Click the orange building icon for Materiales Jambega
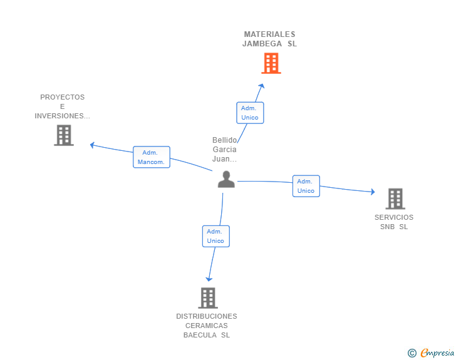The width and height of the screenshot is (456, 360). [271, 63]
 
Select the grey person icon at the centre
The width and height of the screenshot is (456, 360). [226, 179]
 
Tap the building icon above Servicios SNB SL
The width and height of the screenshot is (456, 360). [395, 199]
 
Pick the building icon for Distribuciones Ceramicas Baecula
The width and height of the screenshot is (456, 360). [208, 298]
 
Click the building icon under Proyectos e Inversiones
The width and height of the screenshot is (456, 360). [64, 135]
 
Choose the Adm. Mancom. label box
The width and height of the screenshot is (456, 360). [152, 157]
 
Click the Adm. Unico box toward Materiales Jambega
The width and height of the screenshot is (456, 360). [250, 113]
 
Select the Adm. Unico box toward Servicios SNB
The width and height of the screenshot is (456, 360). [306, 186]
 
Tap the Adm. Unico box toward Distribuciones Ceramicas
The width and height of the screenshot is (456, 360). [215, 236]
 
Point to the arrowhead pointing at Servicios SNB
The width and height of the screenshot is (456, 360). [373, 192]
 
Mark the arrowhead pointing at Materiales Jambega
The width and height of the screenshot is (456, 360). [262, 86]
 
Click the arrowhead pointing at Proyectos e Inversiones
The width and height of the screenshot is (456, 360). [92, 145]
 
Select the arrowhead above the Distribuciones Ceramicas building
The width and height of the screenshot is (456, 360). [209, 279]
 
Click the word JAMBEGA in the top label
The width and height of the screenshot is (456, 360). [262, 44]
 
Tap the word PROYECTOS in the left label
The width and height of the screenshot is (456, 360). [62, 97]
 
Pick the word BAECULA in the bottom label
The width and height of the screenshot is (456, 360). [200, 335]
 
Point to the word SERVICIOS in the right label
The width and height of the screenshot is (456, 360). [394, 217]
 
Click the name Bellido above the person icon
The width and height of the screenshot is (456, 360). [224, 140]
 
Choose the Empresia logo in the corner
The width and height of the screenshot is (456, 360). [437, 352]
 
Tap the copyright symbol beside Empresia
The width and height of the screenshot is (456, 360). [412, 353]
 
